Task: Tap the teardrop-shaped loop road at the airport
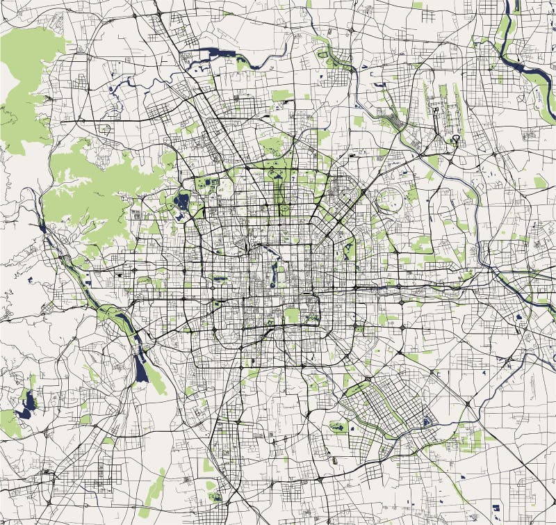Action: click(x=456, y=142)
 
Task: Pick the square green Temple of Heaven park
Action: click(x=293, y=315)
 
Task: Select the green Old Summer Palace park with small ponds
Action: click(x=208, y=185)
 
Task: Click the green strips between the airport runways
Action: click(x=445, y=104)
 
